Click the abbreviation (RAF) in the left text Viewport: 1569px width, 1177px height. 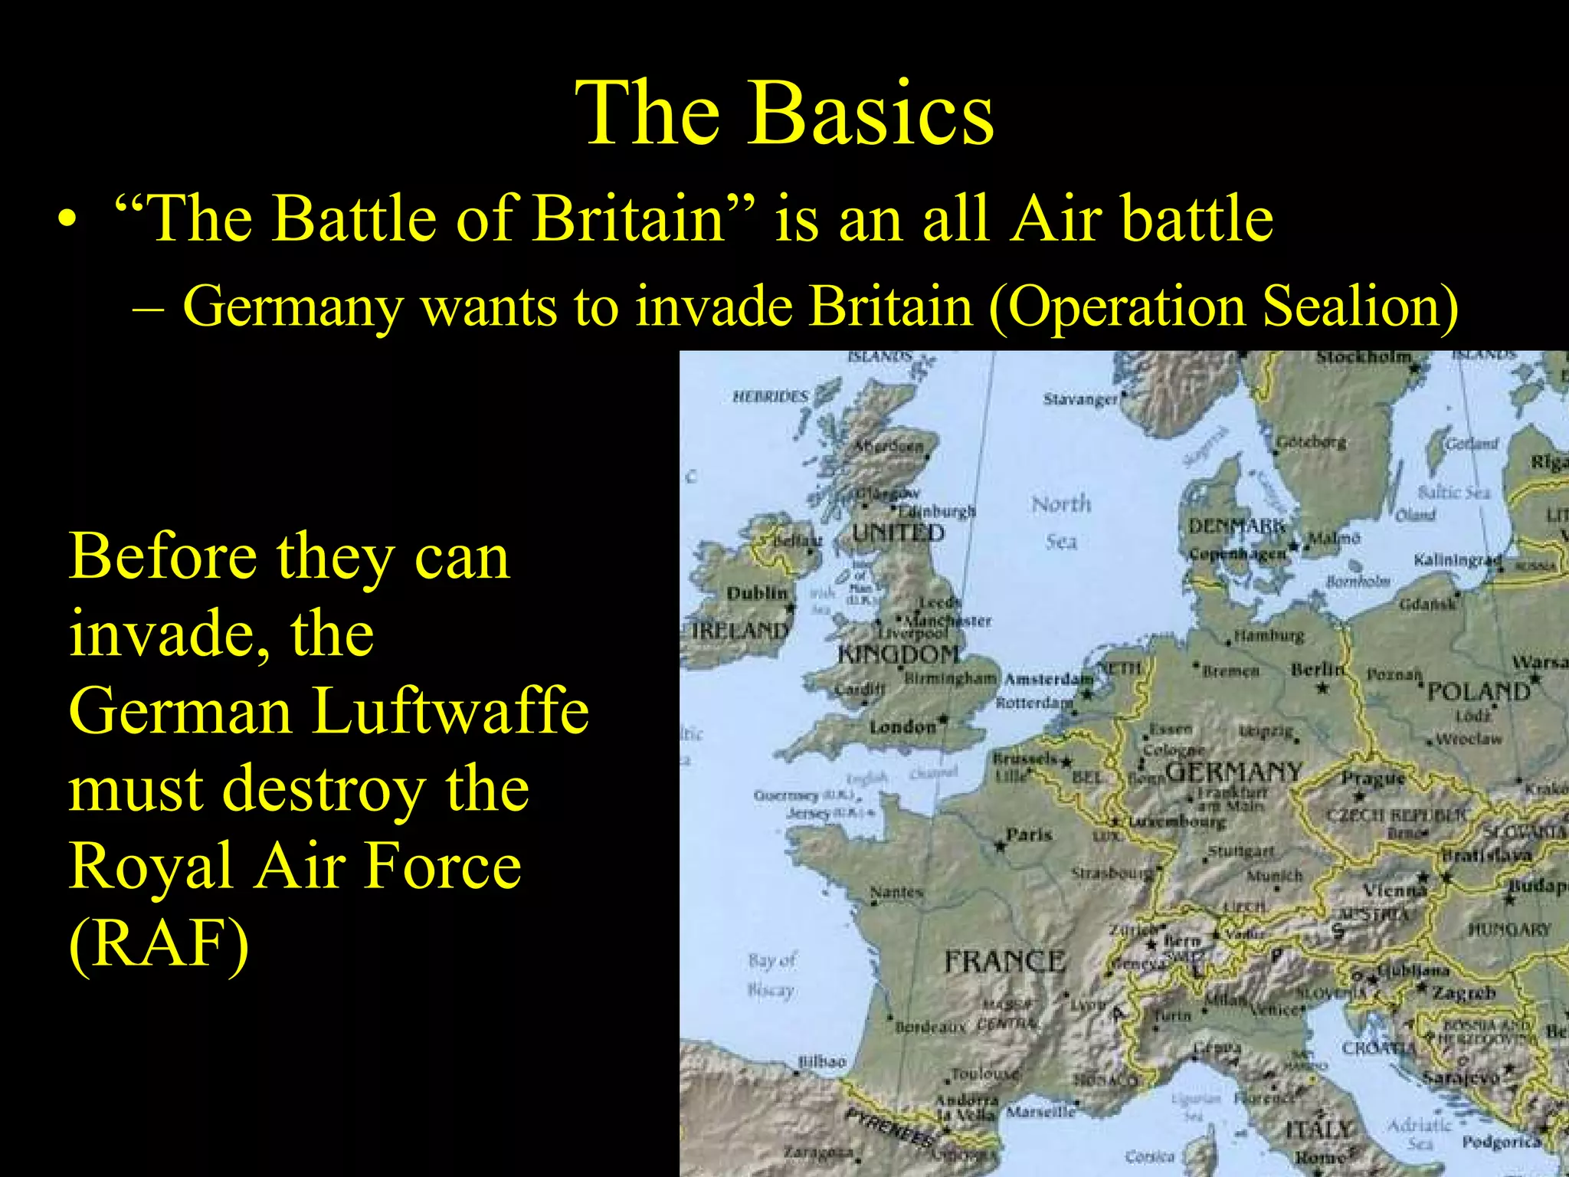[x=159, y=943]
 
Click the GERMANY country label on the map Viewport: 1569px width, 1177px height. [x=1233, y=771]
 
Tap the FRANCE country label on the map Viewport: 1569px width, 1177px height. [x=1004, y=961]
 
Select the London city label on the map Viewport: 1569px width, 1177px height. [x=902, y=726]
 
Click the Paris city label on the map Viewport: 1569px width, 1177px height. [x=1029, y=834]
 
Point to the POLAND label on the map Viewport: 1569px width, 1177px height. [x=1478, y=692]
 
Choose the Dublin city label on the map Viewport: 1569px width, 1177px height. [x=756, y=593]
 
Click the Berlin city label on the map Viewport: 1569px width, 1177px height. [x=1317, y=669]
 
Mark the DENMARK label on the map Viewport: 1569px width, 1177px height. [x=1234, y=526]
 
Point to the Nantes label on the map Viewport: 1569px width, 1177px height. [x=896, y=892]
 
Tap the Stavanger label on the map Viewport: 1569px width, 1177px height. [x=1080, y=399]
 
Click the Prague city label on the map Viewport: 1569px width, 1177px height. [x=1373, y=779]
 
